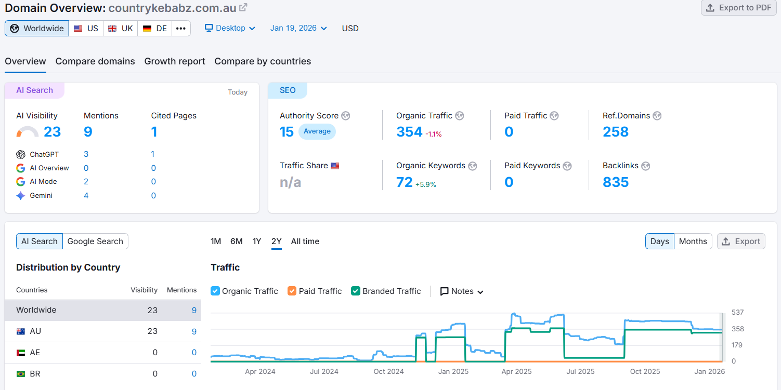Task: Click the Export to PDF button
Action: coord(738,8)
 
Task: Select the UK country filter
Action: coord(121,29)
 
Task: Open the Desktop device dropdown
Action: coord(230,28)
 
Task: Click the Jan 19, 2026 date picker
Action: coord(298,28)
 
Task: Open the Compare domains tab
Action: coord(95,61)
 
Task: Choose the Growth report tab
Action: coord(175,61)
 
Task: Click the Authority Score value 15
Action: coord(287,132)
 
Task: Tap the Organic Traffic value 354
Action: coord(409,132)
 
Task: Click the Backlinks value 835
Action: coord(616,182)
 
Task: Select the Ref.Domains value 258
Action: coord(616,132)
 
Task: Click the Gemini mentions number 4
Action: coord(86,196)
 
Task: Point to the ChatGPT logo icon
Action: coord(21,154)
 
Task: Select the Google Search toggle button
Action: coord(95,241)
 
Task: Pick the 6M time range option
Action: coord(237,241)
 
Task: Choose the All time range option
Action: coord(305,241)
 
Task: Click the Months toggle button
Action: coord(693,241)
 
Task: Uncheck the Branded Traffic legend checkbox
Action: coord(356,291)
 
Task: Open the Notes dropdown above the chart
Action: coord(462,291)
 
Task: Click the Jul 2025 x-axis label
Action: coord(580,371)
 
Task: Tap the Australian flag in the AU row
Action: coord(21,331)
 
